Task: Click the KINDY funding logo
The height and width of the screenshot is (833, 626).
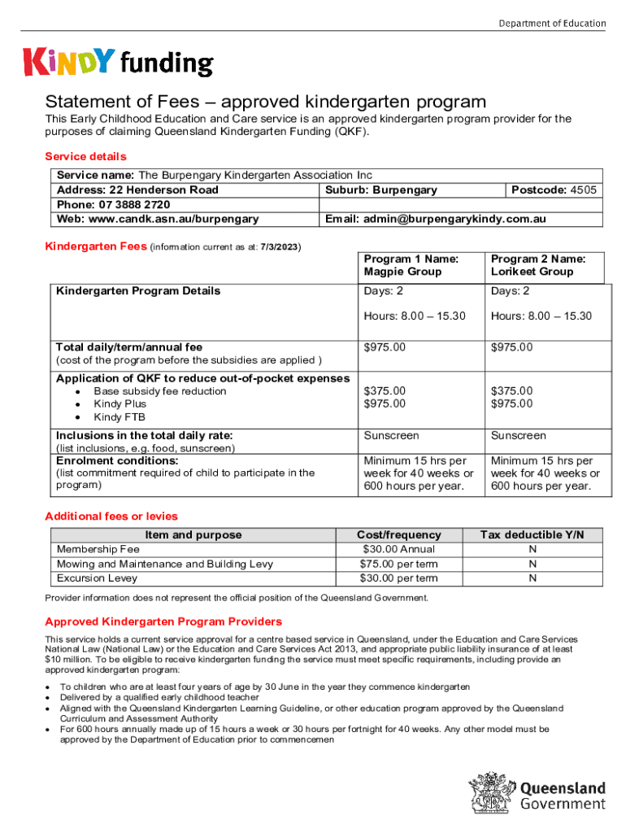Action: coord(119,63)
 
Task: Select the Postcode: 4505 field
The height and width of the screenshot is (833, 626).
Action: coord(554,190)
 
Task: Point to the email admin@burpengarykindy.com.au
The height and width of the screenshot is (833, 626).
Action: coord(435,219)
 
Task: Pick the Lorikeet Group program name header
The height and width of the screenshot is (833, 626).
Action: coord(537,265)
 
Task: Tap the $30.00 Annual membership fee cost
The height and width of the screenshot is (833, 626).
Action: coord(398,549)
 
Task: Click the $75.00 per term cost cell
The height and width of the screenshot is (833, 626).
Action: coord(398,564)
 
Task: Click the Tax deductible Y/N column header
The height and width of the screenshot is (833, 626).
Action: coord(532,534)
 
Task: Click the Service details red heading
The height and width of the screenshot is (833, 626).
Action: coord(85,156)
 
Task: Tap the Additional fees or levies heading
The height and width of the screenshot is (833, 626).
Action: coord(111,517)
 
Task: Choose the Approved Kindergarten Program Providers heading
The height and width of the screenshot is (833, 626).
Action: coord(163,621)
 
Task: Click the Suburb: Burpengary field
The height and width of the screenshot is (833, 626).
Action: coord(381,190)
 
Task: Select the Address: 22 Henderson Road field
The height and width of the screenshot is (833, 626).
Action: coord(137,190)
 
